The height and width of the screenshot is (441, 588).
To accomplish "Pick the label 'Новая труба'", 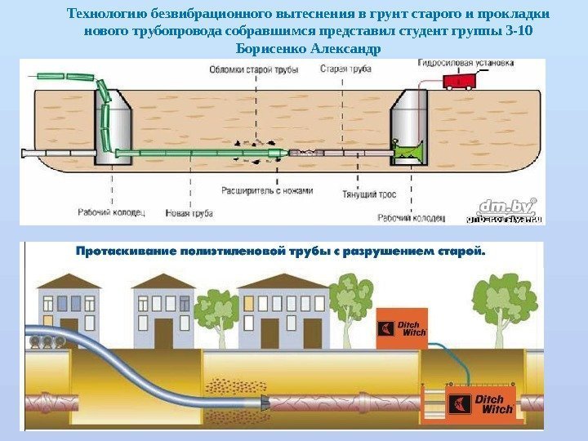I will point(189,213).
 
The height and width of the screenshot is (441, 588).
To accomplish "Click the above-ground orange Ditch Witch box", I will point(402,327).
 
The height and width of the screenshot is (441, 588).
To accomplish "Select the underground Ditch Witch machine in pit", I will point(482,403).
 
